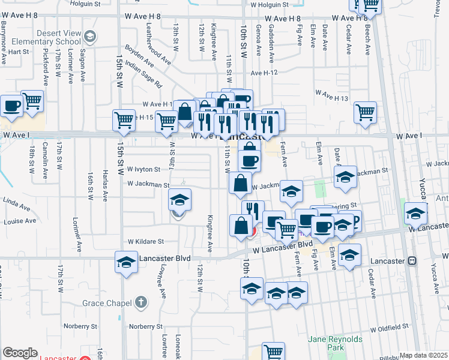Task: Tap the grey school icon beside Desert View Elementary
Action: pos(90,38)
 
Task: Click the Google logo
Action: pos(20,352)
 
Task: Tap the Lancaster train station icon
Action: pos(412,261)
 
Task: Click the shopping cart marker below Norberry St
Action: pos(274,352)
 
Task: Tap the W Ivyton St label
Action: pos(143,170)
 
